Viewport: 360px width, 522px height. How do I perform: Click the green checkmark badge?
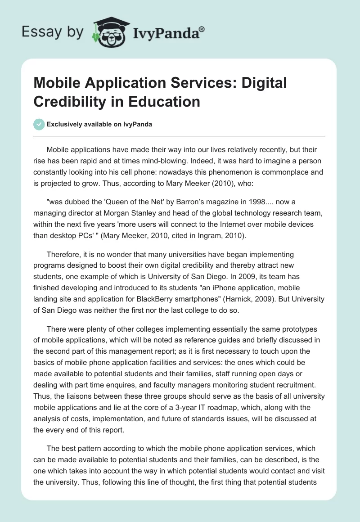[x=39, y=124]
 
